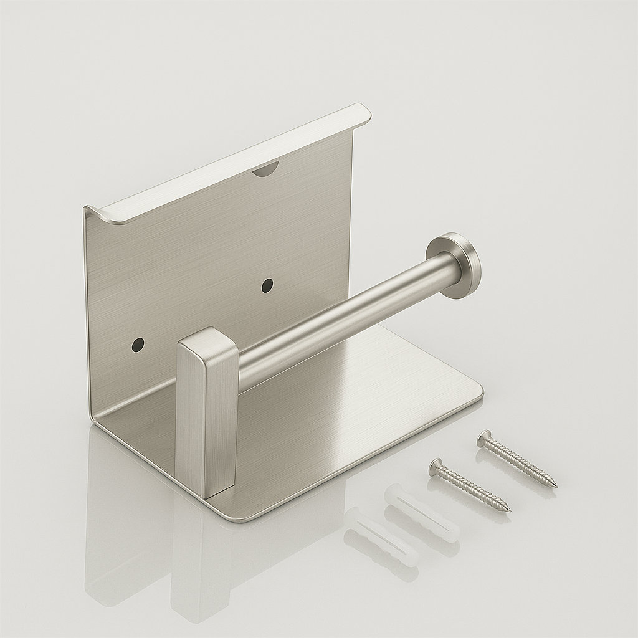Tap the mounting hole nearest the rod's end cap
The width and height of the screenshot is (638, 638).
(267, 285)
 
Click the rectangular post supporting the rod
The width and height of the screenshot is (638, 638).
(206, 417)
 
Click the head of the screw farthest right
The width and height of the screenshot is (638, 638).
(484, 439)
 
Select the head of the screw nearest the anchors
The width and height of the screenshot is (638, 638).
(436, 466)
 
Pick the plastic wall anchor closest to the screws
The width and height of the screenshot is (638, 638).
(421, 513)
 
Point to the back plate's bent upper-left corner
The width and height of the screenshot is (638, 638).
(90, 212)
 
